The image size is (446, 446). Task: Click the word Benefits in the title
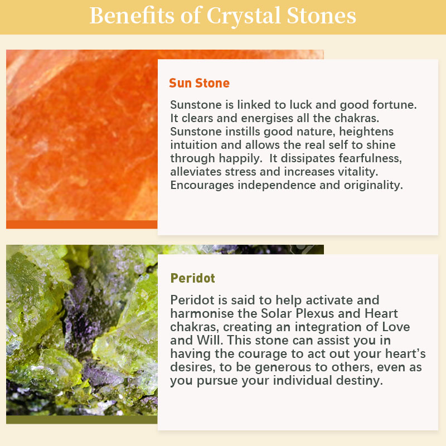[x=132, y=16]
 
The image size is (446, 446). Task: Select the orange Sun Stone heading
[x=200, y=83]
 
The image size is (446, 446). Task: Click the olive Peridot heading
[x=192, y=278]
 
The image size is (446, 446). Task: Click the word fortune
[x=395, y=105]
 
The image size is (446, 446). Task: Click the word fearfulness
[x=341, y=158]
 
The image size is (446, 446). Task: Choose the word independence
[x=277, y=186]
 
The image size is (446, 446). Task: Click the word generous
[x=277, y=367]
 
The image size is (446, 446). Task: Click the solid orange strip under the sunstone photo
[x=81, y=225]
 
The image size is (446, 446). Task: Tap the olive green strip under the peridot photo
[x=81, y=420]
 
